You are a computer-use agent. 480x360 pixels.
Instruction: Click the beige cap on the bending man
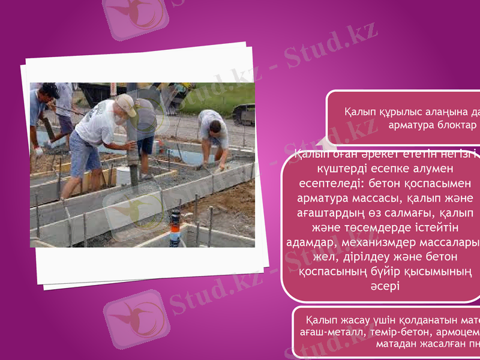point(127,104)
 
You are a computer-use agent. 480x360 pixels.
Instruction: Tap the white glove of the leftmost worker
point(39,152)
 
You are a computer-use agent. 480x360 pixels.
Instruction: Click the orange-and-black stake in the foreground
point(174,225)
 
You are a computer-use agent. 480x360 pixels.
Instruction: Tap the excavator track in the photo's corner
point(243,113)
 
